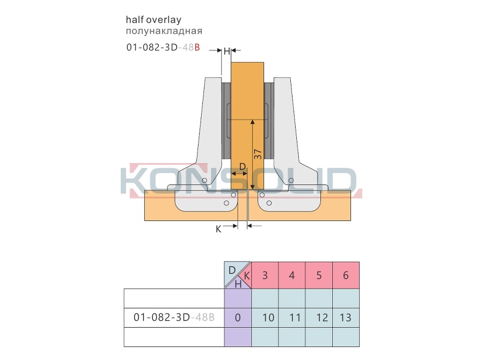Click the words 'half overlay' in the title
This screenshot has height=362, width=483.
click(153, 20)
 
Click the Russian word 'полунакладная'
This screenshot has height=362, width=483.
click(164, 31)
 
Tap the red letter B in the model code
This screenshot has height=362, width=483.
click(197, 47)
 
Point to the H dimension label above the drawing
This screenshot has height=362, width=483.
click(226, 51)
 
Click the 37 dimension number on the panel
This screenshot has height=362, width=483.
click(258, 154)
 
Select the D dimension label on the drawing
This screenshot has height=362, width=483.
click(243, 167)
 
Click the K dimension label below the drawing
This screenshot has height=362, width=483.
click(218, 229)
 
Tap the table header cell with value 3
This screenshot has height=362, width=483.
click(265, 275)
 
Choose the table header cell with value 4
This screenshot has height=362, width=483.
click(292, 275)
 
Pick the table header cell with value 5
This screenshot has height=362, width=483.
click(319, 275)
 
